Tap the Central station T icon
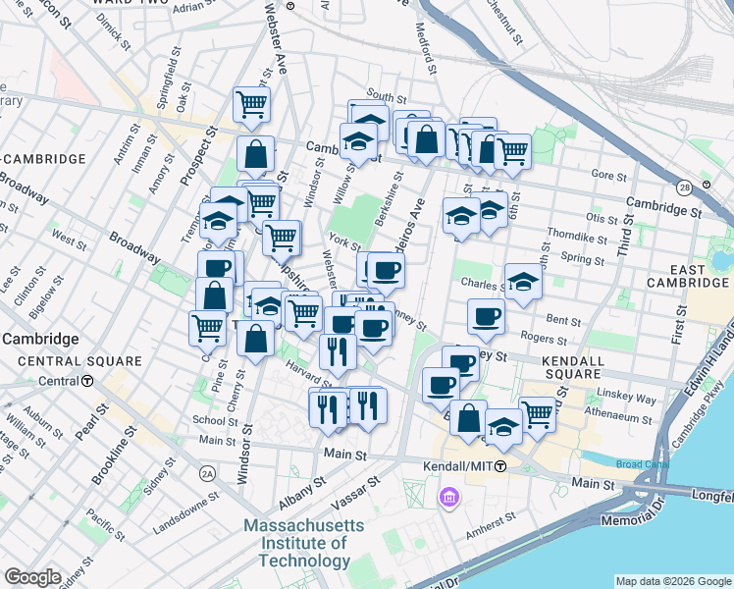87,382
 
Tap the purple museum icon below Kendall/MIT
449,499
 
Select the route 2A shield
206,474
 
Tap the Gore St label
609,176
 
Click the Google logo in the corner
32,577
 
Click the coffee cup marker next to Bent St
486,316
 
